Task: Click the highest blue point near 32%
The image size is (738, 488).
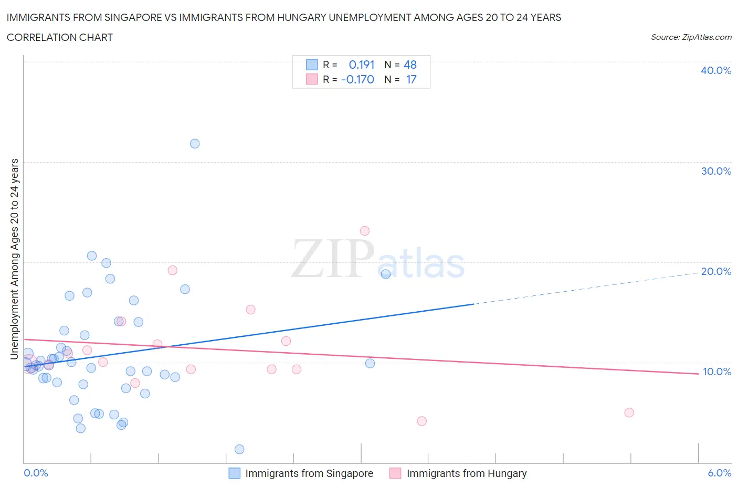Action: tap(195, 144)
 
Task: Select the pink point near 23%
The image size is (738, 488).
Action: tap(365, 231)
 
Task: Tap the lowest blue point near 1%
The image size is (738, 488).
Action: tap(239, 449)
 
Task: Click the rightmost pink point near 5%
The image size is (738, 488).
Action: tap(629, 412)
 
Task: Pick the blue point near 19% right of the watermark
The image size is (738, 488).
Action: tap(386, 274)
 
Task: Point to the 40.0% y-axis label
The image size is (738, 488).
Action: tap(716, 70)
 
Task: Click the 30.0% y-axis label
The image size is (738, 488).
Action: tap(716, 171)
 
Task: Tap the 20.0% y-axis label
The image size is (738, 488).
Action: tap(716, 271)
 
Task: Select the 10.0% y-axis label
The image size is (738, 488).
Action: tap(716, 372)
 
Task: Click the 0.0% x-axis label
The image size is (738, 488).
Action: tap(36, 473)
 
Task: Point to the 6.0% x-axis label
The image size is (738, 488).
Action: tap(719, 473)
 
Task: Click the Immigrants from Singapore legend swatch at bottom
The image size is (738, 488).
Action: tap(235, 473)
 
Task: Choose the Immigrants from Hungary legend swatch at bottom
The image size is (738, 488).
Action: tap(395, 473)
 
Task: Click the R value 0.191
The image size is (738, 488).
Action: tap(362, 65)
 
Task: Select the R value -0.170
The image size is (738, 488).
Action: tap(358, 79)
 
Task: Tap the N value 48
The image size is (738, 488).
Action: tap(410, 65)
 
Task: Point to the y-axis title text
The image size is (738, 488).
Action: tap(15, 259)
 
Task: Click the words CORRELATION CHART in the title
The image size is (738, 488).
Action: tap(60, 37)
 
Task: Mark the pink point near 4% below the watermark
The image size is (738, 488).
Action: tap(421, 421)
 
